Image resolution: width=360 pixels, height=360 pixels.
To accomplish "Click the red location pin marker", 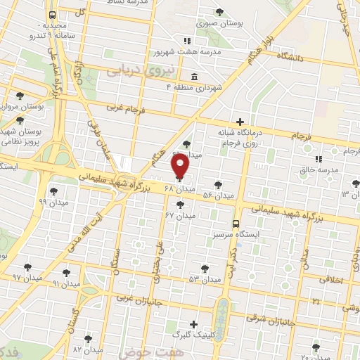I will (181, 167).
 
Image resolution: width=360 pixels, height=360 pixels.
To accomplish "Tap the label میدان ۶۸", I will (179, 189).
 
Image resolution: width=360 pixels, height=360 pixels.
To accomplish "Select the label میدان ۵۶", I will (217, 195).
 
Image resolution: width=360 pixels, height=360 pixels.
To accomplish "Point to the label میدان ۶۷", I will (179, 216).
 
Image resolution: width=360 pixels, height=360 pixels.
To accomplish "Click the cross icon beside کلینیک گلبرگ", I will (194, 325).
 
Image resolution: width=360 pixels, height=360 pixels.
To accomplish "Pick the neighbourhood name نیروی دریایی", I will (134, 71).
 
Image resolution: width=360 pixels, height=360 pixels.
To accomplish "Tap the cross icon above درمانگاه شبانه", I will (241, 122).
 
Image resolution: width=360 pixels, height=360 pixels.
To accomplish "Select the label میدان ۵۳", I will (205, 279).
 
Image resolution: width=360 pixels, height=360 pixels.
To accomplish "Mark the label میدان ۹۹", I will (53, 202).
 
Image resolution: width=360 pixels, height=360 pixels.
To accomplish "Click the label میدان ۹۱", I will (67, 283).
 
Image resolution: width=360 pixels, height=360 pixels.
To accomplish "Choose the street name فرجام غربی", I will (125, 108).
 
